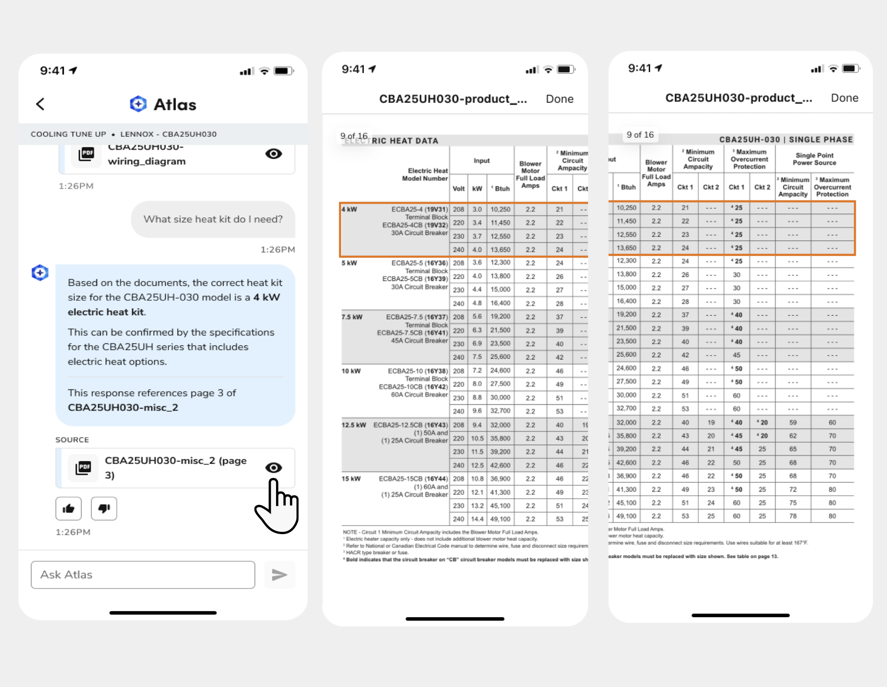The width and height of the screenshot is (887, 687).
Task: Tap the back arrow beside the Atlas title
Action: click(x=40, y=104)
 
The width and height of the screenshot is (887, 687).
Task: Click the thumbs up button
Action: click(x=69, y=509)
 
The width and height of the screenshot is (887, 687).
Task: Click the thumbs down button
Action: click(x=104, y=509)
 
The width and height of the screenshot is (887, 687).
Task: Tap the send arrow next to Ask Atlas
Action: click(x=280, y=575)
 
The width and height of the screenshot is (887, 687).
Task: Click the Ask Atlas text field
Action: click(x=143, y=575)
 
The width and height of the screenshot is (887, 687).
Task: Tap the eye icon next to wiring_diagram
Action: click(x=273, y=154)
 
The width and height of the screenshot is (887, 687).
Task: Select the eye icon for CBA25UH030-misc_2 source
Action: click(x=273, y=468)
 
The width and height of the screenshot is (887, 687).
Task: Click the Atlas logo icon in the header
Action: click(x=138, y=104)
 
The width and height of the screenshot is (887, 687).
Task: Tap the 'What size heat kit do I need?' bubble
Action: click(x=213, y=219)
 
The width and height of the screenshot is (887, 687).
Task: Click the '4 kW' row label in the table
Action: click(x=349, y=210)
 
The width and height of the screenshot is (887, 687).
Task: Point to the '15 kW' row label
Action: click(x=351, y=479)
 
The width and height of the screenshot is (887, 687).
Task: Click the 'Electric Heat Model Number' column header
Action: click(x=425, y=174)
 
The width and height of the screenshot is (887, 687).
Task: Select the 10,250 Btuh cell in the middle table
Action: click(x=500, y=210)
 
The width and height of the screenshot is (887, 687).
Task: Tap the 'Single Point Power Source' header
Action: click(x=814, y=159)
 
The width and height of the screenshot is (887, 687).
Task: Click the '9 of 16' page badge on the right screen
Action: click(x=640, y=135)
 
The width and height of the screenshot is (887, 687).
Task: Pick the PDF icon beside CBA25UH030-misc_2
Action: click(x=84, y=468)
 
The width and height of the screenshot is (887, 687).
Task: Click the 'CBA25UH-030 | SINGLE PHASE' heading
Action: click(x=786, y=140)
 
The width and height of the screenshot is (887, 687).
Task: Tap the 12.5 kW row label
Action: click(x=354, y=425)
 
